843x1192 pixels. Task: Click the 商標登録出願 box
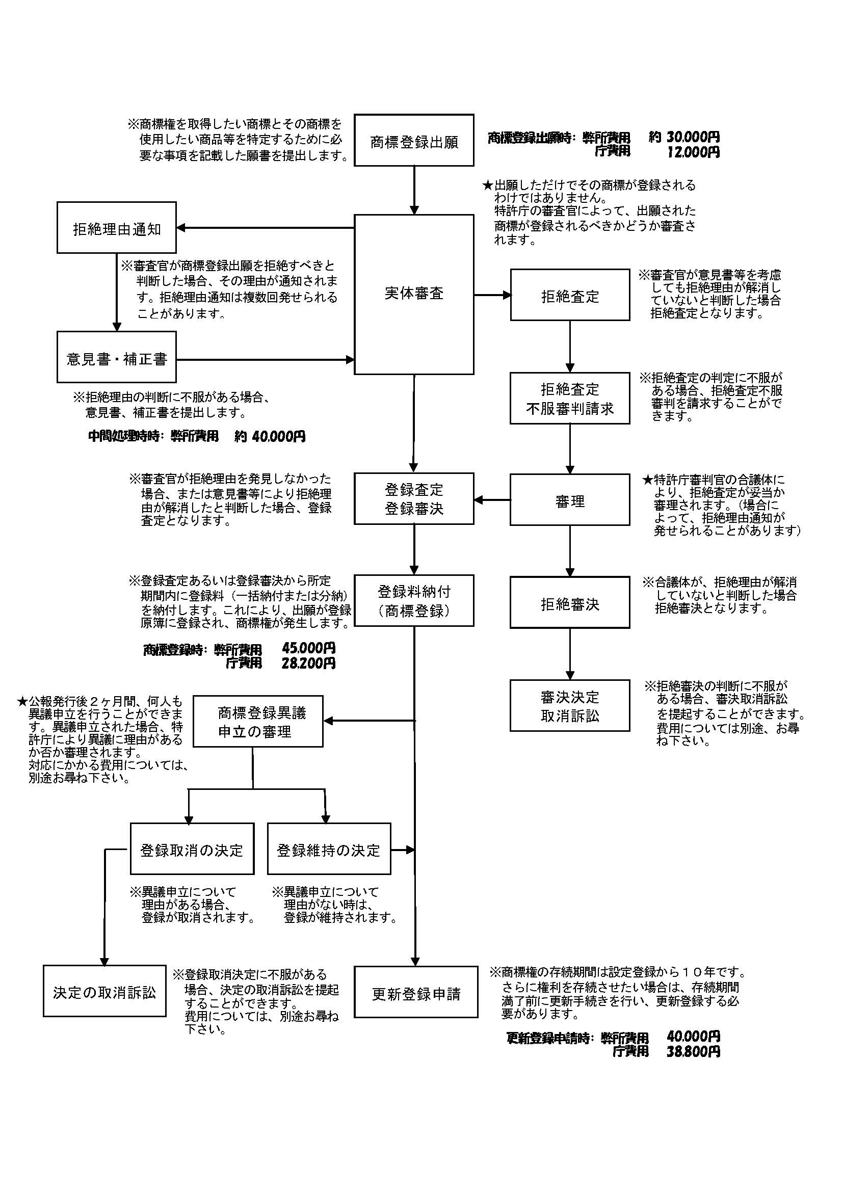click(x=414, y=140)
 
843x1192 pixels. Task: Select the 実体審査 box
click(x=414, y=294)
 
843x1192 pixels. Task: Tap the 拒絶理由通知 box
click(x=116, y=227)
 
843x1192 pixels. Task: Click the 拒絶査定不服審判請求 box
click(x=570, y=398)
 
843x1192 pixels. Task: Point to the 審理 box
click(x=570, y=499)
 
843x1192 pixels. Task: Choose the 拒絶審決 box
click(x=570, y=602)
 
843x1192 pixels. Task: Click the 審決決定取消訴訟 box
click(x=570, y=705)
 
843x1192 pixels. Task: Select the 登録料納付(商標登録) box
click(x=414, y=600)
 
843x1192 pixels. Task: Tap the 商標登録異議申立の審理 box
click(x=258, y=722)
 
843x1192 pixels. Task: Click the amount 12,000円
click(x=694, y=152)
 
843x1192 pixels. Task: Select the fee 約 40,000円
click(x=270, y=436)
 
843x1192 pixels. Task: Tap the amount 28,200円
click(x=308, y=663)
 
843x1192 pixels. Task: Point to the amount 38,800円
click(x=694, y=1051)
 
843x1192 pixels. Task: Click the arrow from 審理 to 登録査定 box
click(x=492, y=499)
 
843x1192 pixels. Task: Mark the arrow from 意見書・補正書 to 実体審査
click(x=265, y=359)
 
